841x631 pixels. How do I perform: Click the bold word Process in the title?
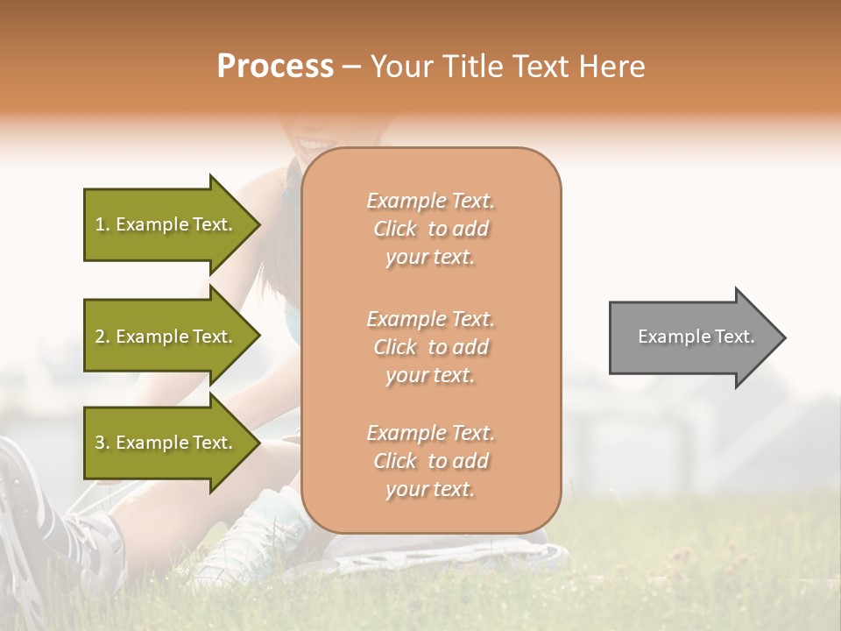(275, 67)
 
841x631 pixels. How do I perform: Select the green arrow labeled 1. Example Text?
(166, 224)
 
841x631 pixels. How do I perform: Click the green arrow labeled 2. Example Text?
(166, 337)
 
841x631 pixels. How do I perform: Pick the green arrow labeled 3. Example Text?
(166, 443)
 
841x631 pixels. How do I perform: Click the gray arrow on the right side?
(692, 337)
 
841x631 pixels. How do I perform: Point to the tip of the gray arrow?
(782, 337)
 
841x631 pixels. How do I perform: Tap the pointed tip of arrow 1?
(258, 224)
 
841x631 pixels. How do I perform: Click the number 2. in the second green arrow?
(102, 337)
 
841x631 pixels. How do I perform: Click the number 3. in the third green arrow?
(102, 443)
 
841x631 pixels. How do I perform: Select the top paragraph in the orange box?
(430, 229)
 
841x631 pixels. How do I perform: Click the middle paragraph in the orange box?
(430, 347)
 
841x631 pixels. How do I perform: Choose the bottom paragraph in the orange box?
(430, 461)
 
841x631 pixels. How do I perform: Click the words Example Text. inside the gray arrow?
(696, 337)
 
